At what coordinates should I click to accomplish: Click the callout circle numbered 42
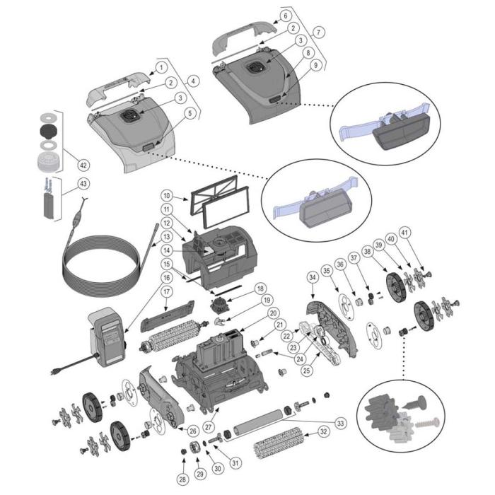[83, 165]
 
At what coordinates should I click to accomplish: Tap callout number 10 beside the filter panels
[166, 196]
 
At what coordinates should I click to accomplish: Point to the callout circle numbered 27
[208, 426]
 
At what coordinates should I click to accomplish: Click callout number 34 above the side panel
[313, 279]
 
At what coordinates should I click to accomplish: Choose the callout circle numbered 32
[322, 431]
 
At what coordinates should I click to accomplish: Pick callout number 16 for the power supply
[166, 277]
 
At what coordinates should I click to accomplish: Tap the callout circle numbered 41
[424, 232]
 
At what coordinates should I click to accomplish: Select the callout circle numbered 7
[319, 32]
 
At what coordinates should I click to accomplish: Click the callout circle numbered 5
[190, 113]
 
